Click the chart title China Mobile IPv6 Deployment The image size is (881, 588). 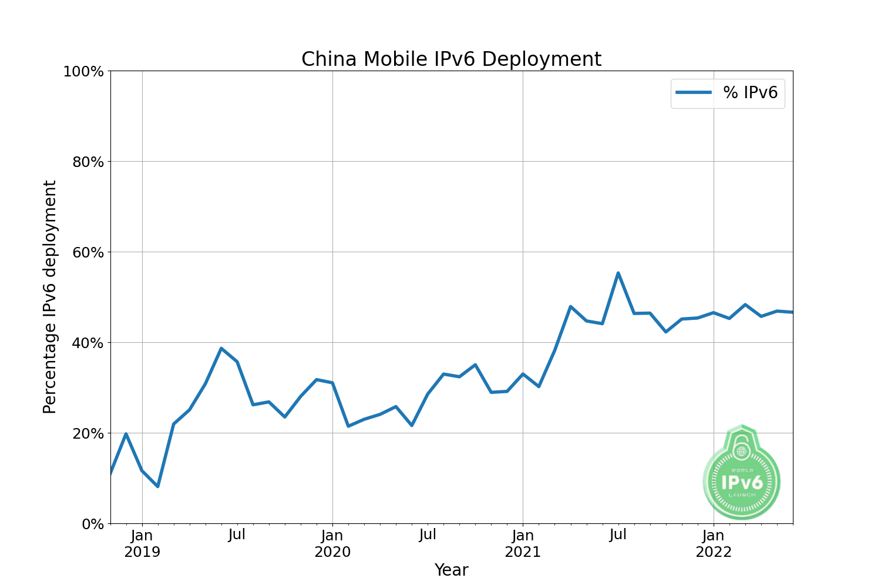coord(451,59)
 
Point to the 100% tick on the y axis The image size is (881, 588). coord(83,71)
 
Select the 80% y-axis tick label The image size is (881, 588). coord(88,162)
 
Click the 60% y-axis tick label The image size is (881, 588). coord(88,252)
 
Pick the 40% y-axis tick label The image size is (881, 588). coord(88,343)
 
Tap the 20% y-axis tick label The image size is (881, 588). coord(88,433)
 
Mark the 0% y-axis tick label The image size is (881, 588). coord(92,524)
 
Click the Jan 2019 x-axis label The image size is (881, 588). coord(142,543)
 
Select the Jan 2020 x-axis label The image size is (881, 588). coord(332,543)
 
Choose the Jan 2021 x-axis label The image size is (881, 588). coord(523,543)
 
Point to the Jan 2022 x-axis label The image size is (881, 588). coord(714,543)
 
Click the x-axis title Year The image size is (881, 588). coord(451,570)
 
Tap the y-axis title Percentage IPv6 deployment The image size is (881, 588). coord(50,297)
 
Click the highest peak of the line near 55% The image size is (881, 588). coord(618,273)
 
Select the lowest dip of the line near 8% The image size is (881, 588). coord(158,486)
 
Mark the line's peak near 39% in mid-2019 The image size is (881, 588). coord(221,348)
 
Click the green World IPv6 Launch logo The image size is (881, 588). coord(742,474)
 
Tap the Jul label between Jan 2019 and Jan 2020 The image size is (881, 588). coord(237,535)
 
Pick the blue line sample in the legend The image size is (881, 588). coord(694,92)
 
